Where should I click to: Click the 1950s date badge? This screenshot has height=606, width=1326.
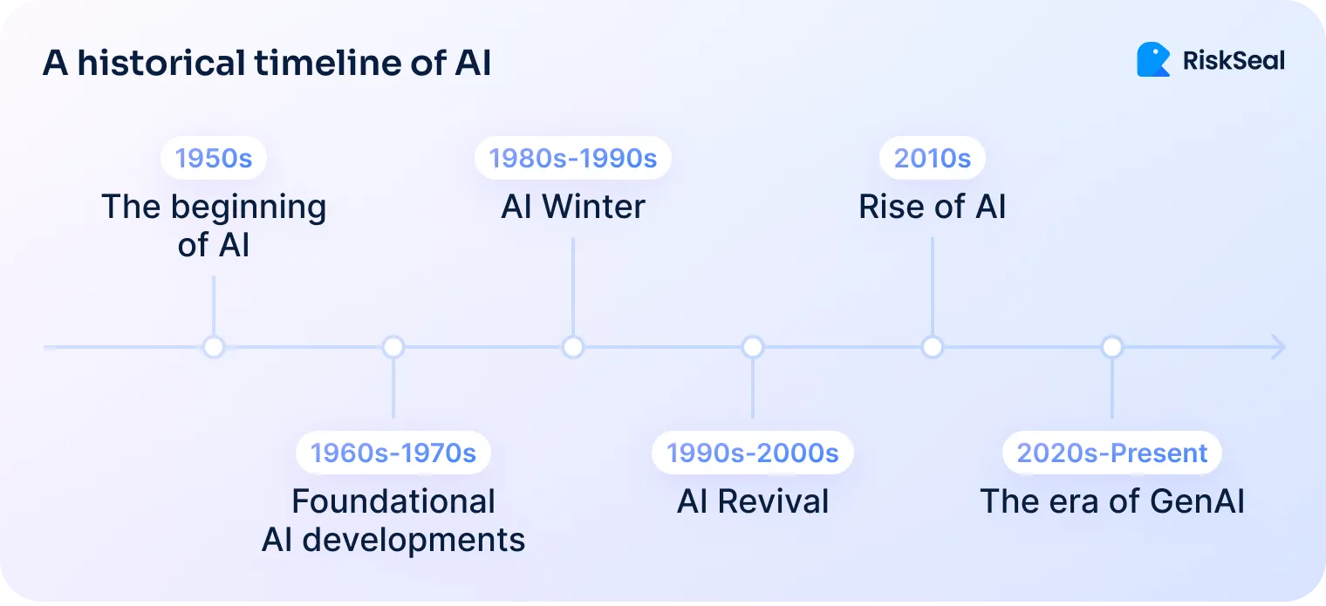(x=214, y=158)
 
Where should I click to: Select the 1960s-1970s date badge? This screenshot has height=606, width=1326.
(x=393, y=453)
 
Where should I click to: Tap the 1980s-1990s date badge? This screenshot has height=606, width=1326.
(x=572, y=158)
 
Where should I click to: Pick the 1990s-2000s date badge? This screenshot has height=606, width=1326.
(x=752, y=453)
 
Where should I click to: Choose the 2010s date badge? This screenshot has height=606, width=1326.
(x=933, y=158)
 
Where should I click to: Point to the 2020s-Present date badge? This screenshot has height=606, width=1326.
(x=1112, y=453)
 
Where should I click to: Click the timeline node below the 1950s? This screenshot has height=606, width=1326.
(x=214, y=347)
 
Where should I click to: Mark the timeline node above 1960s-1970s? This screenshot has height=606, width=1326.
(x=393, y=347)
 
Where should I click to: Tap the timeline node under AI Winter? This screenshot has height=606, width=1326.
(x=572, y=347)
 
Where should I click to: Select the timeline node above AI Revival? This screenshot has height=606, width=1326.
(x=753, y=347)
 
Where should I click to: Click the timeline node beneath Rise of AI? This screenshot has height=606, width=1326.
(x=933, y=347)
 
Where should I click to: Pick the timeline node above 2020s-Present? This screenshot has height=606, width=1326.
(x=1111, y=347)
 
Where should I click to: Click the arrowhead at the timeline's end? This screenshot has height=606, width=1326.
(x=1278, y=347)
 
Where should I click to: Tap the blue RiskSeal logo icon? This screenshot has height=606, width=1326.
(x=1153, y=59)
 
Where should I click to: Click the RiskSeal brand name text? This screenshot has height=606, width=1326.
(x=1234, y=60)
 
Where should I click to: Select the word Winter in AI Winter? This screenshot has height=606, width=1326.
(x=594, y=208)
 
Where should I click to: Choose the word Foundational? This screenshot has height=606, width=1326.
(x=393, y=502)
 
